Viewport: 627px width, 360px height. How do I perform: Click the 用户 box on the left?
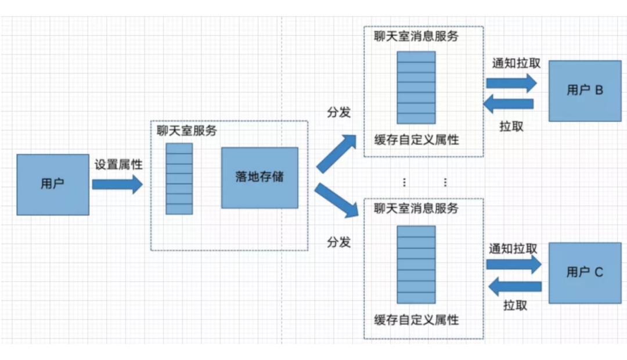click(53, 185)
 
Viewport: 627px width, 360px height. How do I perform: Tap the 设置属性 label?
click(118, 165)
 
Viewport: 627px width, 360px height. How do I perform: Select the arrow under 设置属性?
click(117, 185)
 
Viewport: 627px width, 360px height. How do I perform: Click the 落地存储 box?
click(260, 177)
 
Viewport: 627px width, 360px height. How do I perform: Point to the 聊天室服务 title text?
click(187, 131)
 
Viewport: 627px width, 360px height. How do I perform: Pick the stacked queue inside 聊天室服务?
click(179, 178)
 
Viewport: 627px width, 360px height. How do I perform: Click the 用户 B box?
click(585, 91)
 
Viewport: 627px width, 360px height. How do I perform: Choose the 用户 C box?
click(585, 272)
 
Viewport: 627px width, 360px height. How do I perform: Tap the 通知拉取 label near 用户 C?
click(513, 249)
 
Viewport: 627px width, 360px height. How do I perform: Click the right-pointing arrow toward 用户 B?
click(511, 83)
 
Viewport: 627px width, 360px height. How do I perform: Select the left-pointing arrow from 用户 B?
click(509, 104)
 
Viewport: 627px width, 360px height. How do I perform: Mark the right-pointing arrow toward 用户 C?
click(514, 265)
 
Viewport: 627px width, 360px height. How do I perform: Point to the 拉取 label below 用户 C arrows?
click(515, 305)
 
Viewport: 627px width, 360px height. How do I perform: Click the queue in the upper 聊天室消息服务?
click(416, 87)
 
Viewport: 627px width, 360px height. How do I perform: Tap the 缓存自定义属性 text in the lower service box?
click(416, 320)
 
